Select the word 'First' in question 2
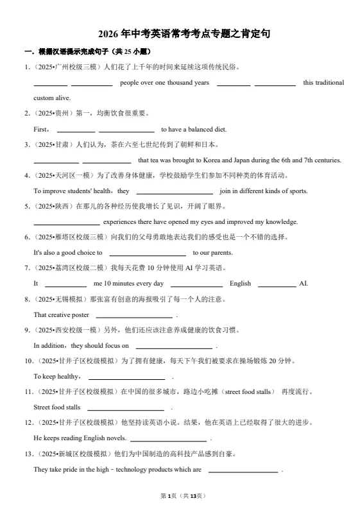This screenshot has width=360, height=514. tap(40, 129)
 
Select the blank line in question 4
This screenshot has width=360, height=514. tap(175, 191)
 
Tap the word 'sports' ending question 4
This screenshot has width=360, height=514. tap(298, 191)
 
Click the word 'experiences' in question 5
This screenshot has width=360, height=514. tap(121, 222)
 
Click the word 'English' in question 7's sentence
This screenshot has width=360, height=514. tap(240, 284)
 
